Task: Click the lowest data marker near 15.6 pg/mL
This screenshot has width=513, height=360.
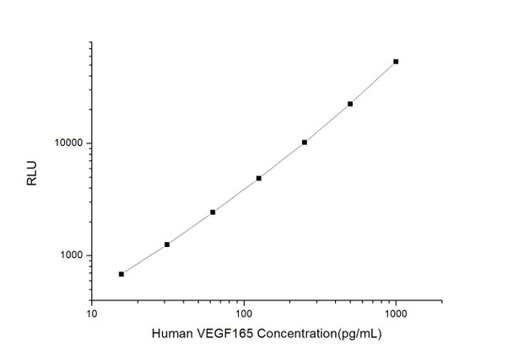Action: pos(121,274)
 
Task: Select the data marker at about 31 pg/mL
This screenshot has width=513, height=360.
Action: pos(167,244)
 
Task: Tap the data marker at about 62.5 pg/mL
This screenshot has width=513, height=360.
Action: pos(213,212)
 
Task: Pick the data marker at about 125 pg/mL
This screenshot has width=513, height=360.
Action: pos(259,178)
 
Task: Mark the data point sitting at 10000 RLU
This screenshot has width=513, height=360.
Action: pos(305,142)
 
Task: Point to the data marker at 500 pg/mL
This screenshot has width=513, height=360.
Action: pos(350,104)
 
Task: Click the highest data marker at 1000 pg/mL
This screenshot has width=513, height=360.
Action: pos(396,62)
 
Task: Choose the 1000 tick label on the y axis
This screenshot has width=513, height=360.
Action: pos(70,255)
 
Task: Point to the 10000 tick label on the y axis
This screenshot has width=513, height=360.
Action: pos(67,143)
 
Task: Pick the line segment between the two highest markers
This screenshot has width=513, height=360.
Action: pos(373,83)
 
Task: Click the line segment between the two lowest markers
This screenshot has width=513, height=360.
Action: pos(144,260)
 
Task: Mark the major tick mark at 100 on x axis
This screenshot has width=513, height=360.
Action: pos(244,298)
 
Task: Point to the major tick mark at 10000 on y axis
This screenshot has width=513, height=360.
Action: pos(88,143)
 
